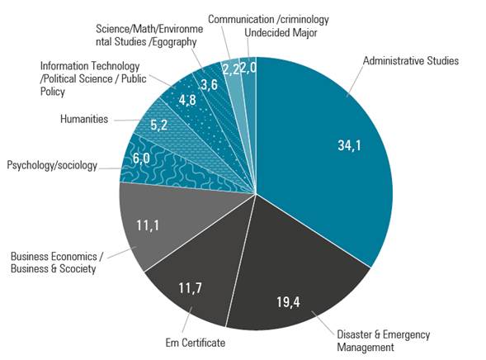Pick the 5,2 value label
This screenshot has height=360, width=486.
coord(160,126)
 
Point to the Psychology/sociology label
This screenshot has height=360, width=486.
coord(51,165)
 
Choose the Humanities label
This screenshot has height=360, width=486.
coord(84,119)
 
